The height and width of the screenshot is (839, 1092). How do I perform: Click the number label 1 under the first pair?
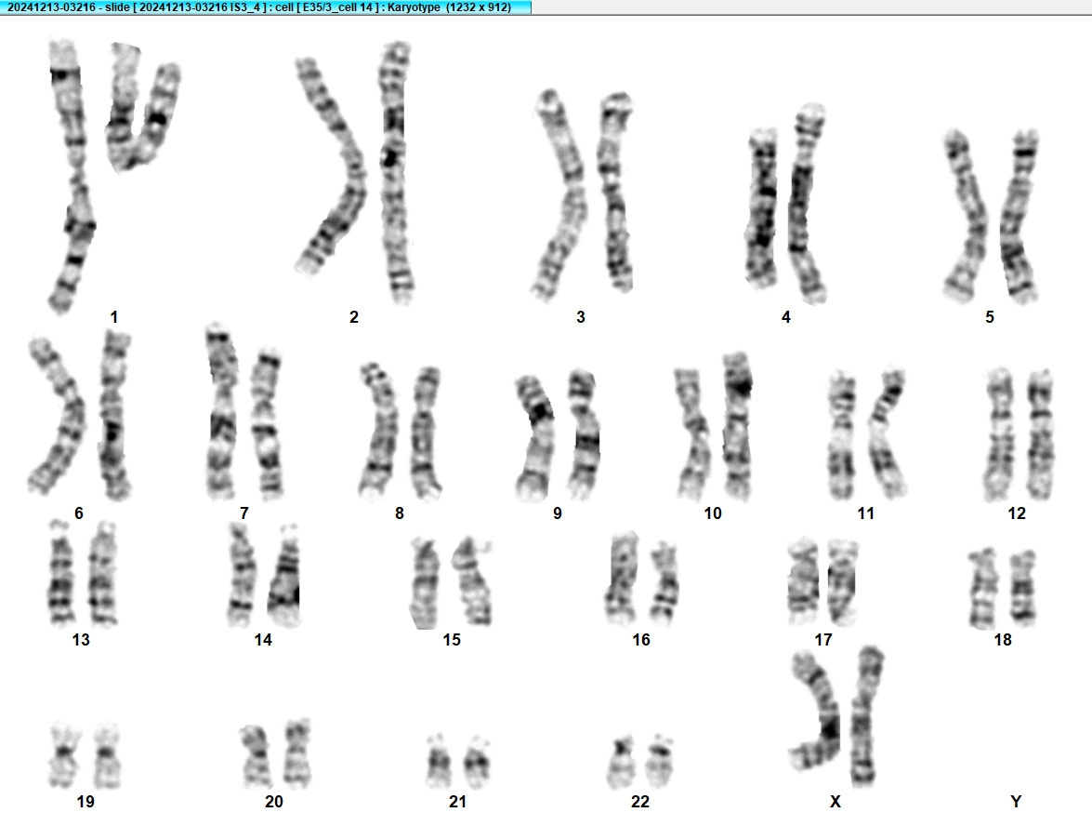click(113, 317)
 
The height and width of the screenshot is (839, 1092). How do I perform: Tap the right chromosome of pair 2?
click(395, 173)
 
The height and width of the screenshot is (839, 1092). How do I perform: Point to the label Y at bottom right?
click(1016, 802)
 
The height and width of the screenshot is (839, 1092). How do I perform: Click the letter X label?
click(835, 802)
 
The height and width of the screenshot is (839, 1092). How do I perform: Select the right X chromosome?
click(865, 715)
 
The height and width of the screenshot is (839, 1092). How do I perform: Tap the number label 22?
click(640, 802)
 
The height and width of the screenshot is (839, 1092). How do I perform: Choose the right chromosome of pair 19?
click(107, 756)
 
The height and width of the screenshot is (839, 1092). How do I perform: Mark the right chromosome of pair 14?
click(284, 577)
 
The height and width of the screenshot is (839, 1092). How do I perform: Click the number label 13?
click(81, 640)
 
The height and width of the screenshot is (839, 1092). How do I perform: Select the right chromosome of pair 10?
click(738, 426)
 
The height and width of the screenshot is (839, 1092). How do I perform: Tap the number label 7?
click(243, 513)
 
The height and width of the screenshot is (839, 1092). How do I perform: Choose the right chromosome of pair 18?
click(1023, 589)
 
